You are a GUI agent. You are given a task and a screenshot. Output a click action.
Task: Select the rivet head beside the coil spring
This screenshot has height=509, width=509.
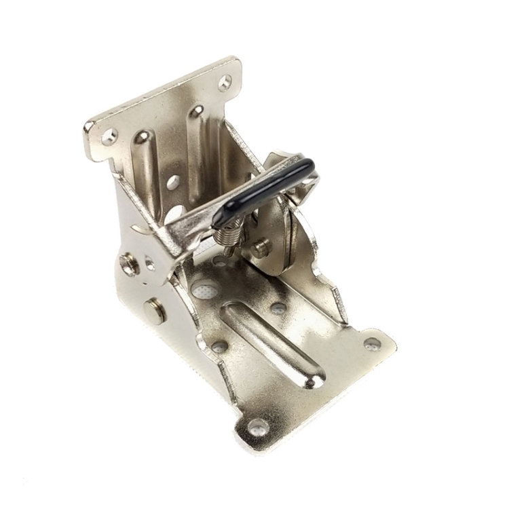point(260,248)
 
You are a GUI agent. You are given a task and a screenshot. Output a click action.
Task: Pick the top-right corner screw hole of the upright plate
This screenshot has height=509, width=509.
point(224,82)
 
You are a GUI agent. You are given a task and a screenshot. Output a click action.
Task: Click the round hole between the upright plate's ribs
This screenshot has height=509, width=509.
point(173,182)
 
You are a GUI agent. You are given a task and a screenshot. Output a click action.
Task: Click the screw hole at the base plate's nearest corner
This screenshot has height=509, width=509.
point(257,427)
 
